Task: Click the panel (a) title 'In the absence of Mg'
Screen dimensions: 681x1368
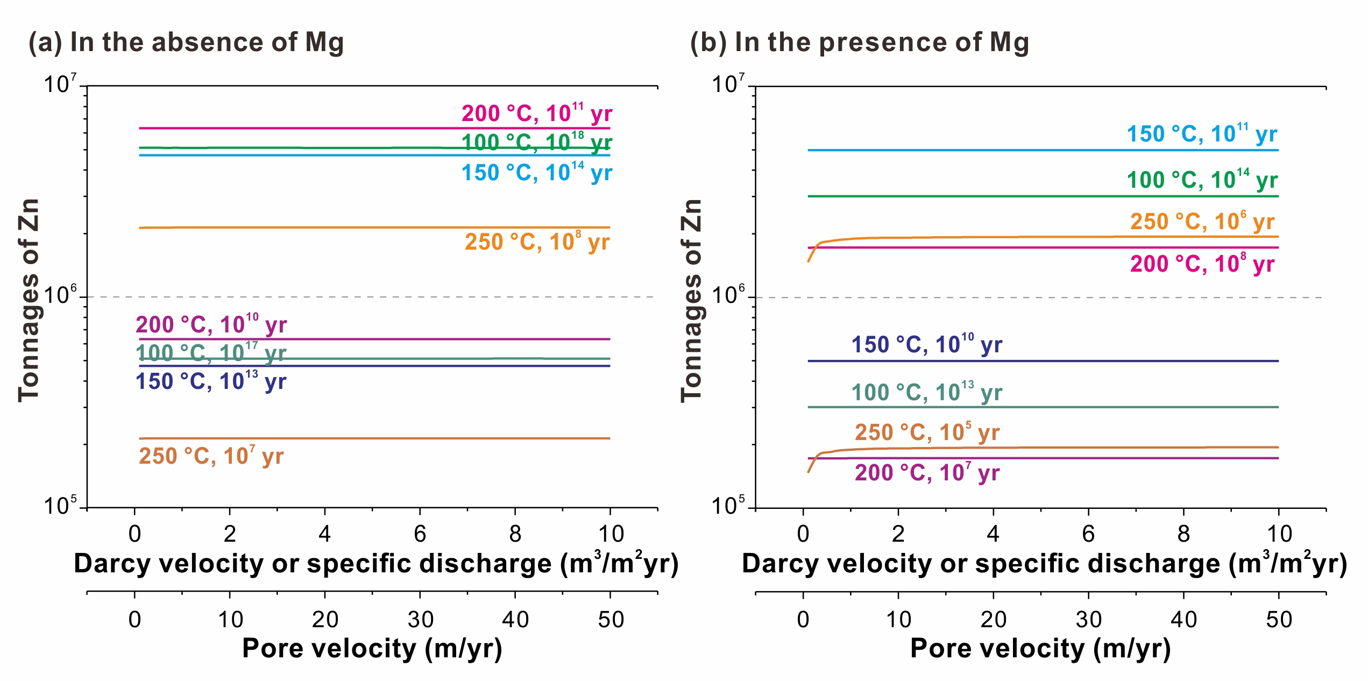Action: coord(207,42)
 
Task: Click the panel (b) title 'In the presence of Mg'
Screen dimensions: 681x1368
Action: coord(882,42)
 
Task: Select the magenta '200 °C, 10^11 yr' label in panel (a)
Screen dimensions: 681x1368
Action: coord(536,113)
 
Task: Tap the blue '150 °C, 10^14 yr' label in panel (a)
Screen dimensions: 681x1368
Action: coord(536,173)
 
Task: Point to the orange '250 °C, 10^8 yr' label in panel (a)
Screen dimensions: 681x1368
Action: coord(537,242)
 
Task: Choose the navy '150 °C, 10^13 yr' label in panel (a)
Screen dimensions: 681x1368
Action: coord(211,381)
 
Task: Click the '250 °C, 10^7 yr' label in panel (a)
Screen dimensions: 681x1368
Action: coord(211,456)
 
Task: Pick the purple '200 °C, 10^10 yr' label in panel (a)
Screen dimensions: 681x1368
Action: coord(211,324)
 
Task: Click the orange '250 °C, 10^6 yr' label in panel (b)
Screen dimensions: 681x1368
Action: coord(1202,222)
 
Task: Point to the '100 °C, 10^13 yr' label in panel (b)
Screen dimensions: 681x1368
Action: coord(926,392)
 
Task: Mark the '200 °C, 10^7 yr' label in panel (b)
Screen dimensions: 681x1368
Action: coord(927,473)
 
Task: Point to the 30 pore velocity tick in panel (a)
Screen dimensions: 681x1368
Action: coord(420,620)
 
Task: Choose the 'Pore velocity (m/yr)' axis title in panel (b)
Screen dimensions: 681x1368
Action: coord(1040,648)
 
